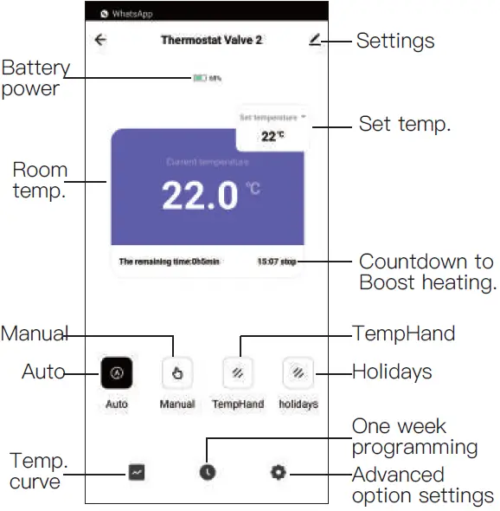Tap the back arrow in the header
point(101,40)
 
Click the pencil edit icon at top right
point(313,40)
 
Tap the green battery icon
point(200,78)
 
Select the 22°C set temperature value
point(272,136)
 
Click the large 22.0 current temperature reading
point(200,197)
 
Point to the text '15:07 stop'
point(277,260)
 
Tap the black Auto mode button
point(116,372)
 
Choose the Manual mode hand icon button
point(176,372)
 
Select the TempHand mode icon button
point(237,372)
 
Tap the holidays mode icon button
point(297,372)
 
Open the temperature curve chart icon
point(138,472)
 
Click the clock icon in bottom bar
point(208,472)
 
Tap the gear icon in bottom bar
point(278,472)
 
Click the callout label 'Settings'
point(395,41)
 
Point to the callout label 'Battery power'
point(35,78)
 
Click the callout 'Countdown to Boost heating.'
point(426,272)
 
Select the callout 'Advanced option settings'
point(423,485)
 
